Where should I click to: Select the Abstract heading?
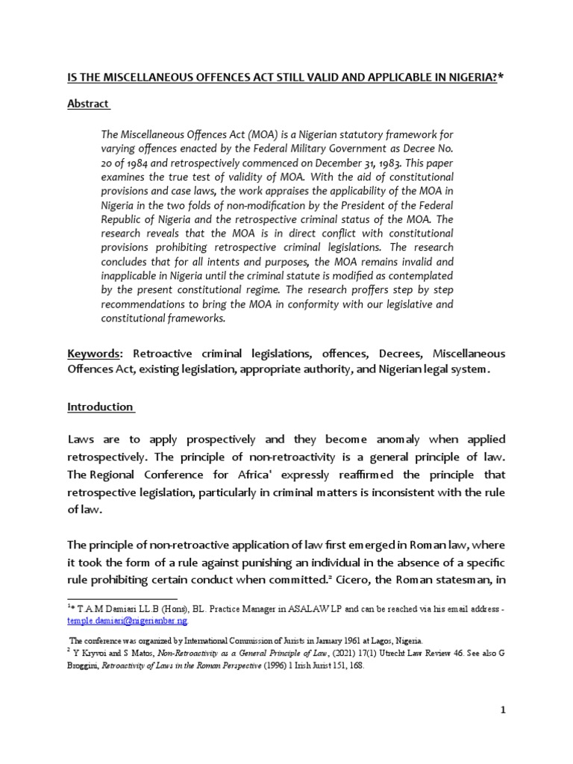point(87,104)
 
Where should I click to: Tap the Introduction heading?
point(100,407)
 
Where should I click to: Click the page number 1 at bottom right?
point(503,710)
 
